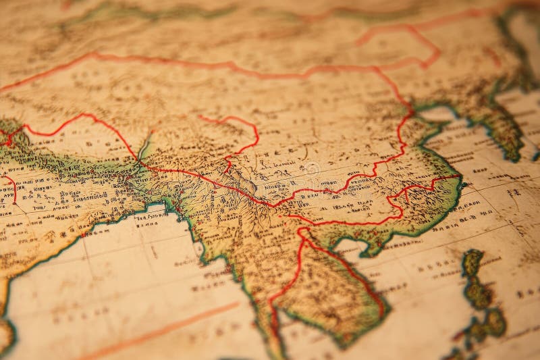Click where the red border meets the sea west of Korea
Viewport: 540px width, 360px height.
coord(413,108)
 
